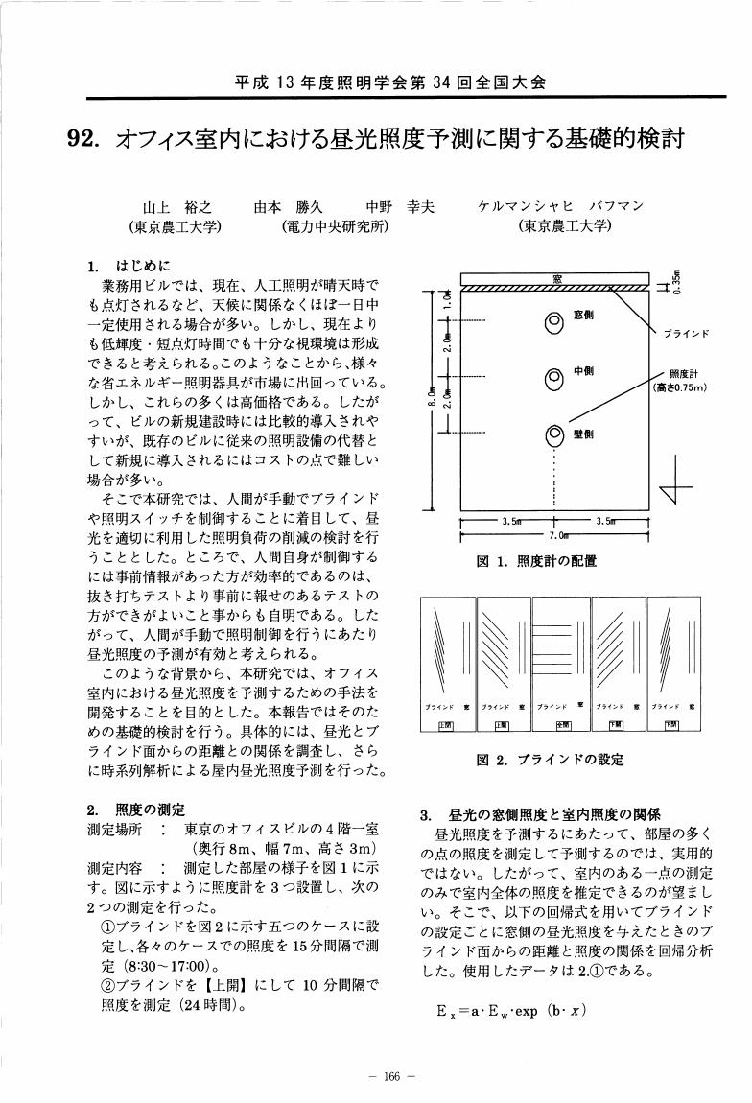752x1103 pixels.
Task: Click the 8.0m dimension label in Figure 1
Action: coord(433,392)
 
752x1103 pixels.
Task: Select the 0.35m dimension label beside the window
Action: coord(676,281)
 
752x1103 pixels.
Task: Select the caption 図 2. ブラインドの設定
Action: coord(550,760)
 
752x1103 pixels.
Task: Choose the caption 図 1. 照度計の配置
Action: coord(536,561)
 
